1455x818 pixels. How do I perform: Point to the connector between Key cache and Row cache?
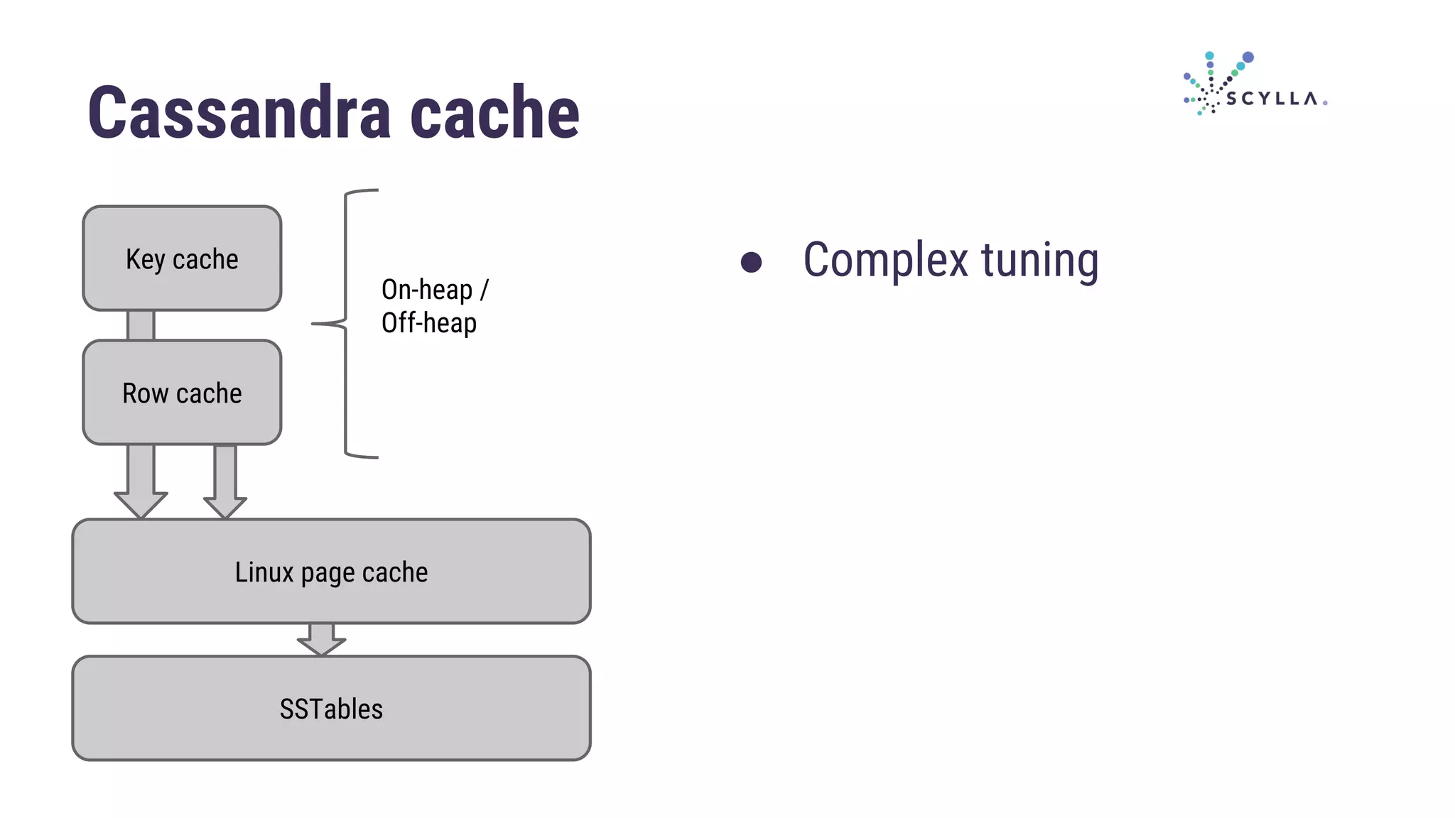click(141, 325)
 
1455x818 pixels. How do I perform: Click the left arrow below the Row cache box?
click(141, 483)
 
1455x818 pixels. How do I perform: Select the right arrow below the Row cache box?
click(225, 483)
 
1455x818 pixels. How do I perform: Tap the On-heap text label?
click(427, 290)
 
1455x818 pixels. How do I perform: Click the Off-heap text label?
click(428, 323)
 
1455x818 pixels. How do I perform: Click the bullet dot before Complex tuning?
click(751, 262)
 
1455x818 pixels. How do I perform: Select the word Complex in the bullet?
click(885, 260)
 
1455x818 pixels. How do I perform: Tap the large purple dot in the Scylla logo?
click(1248, 58)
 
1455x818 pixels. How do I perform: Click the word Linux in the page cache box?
click(264, 572)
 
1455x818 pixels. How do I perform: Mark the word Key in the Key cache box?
click(145, 259)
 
